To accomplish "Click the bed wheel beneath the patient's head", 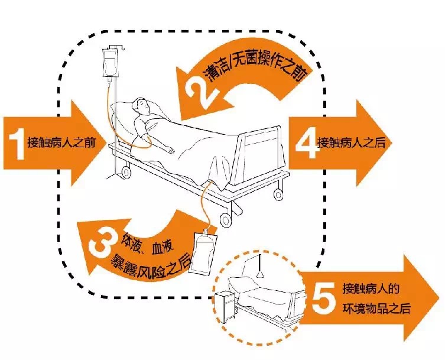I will (125, 171).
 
